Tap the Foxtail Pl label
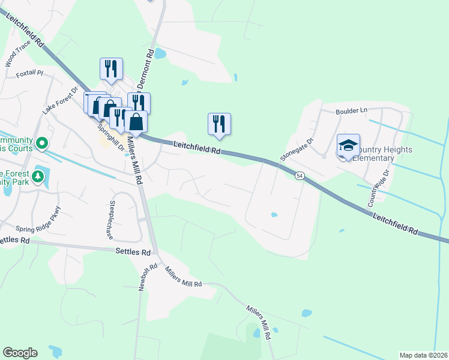point(30,73)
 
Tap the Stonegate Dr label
point(297,150)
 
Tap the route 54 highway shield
point(300,175)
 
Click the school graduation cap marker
point(348,146)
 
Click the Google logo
point(20,353)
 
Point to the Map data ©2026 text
point(423,355)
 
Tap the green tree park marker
point(38,176)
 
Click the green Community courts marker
point(41,143)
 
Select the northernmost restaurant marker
point(110,69)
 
